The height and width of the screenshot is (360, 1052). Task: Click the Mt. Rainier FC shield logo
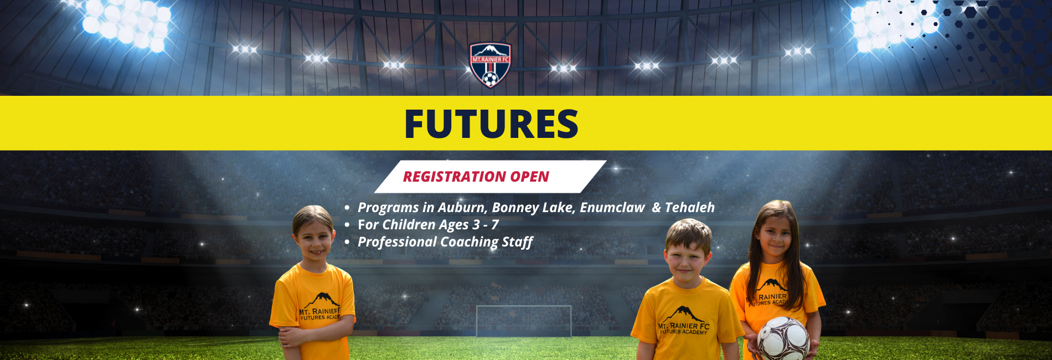[x=490, y=65]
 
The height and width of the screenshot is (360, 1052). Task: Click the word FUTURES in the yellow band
[x=492, y=124]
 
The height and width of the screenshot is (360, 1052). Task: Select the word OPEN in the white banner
[x=530, y=177]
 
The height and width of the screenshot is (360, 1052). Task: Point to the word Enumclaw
[x=612, y=208]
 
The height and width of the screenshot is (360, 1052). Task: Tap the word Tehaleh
[x=690, y=207]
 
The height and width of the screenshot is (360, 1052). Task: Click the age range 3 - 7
[x=486, y=224]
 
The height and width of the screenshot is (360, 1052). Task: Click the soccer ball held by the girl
[x=783, y=338]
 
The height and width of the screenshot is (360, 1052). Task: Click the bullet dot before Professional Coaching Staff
[x=347, y=243]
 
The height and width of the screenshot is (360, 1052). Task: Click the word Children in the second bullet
[x=409, y=224]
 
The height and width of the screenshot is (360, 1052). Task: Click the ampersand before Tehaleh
[x=657, y=207]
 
